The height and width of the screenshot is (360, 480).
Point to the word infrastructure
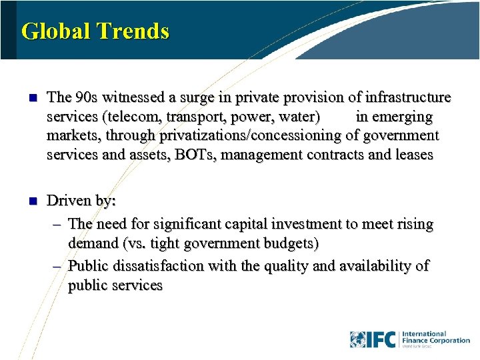pos(408,97)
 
